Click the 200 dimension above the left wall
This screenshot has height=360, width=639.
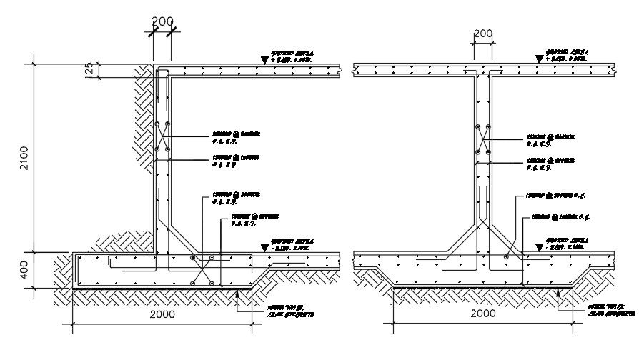[x=162, y=21]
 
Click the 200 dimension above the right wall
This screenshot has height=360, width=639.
[x=483, y=34]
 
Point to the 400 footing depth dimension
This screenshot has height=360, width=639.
[x=24, y=270]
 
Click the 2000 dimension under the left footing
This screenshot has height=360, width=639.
[x=162, y=314]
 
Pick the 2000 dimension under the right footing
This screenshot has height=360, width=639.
[x=483, y=314]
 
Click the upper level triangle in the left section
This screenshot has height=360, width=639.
[x=265, y=61]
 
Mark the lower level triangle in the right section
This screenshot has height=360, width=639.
[x=538, y=247]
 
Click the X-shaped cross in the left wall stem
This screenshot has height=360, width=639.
[x=162, y=137]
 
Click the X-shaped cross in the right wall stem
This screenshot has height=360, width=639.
[x=483, y=138]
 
